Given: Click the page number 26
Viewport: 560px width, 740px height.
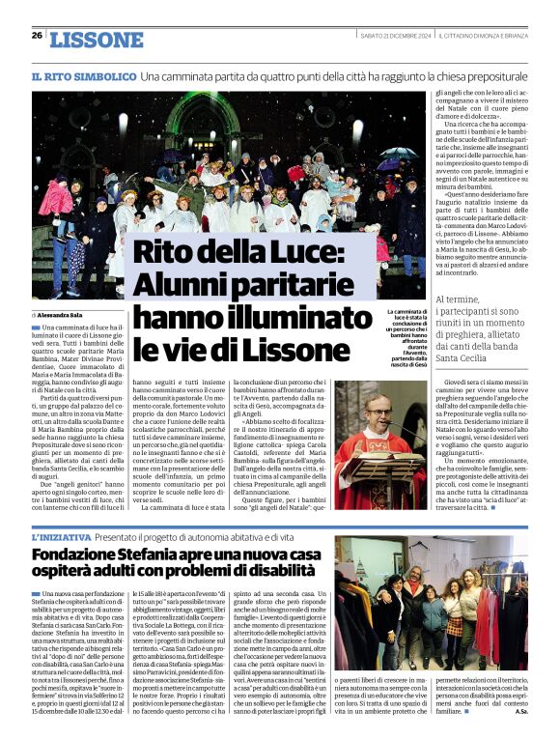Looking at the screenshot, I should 37,36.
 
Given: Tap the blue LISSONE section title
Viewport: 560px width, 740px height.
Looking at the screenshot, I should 96,40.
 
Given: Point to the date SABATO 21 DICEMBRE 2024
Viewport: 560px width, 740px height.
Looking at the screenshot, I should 393,36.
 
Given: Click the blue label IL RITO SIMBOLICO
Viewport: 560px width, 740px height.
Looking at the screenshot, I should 83,75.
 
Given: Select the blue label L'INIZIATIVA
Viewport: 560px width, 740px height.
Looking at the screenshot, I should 62,536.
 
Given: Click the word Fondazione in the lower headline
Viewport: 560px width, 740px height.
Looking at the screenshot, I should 76,555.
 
